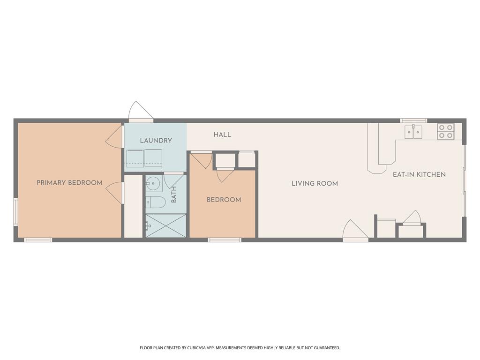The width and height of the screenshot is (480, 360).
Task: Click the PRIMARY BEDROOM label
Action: coord(69,183)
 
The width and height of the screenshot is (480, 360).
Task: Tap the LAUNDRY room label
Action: coord(156,141)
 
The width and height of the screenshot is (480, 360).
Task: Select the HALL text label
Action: coord(222,135)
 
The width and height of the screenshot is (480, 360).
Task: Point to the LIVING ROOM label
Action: coord(315,184)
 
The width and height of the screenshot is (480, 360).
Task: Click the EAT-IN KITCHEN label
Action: coord(419,174)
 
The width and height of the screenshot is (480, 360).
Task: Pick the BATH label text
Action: coord(174,195)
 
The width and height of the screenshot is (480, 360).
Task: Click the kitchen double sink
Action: coord(413,132)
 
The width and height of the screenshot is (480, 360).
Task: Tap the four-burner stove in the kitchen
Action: coord(445,131)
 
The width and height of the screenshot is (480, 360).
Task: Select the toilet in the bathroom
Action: coord(156,202)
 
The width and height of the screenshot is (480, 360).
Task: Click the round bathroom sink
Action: coord(152,184)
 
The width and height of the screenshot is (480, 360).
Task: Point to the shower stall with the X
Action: coord(165,225)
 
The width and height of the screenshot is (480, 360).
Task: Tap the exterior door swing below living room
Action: coord(355,230)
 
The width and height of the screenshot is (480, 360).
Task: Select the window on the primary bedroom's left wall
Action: coord(15,212)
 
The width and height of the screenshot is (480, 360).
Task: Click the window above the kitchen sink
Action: coord(413,120)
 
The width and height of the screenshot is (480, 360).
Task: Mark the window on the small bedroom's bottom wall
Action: coord(225,240)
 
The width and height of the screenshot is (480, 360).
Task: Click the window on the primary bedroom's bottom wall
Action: coord(38,240)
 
